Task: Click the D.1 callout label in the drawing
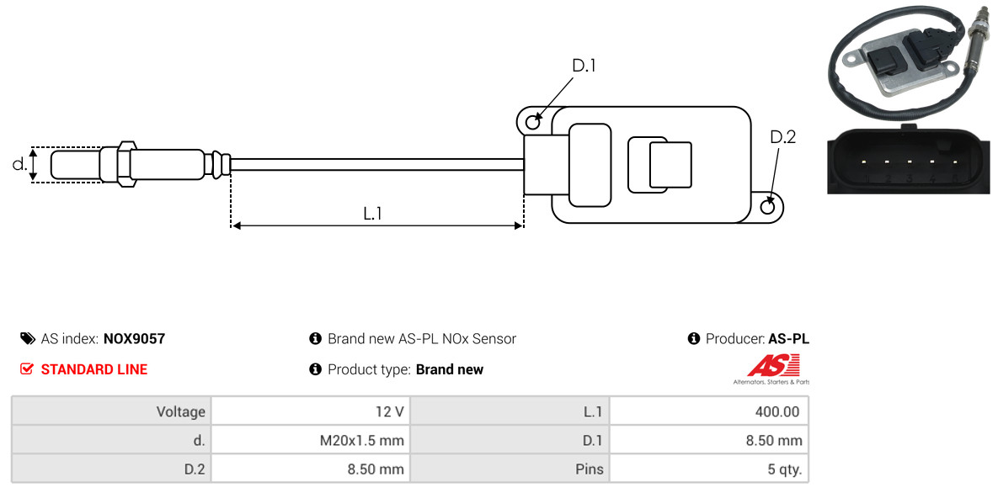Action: point(584,66)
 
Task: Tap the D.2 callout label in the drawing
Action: point(782,137)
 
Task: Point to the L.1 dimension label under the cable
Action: point(373,214)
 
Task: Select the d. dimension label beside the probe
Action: point(19,165)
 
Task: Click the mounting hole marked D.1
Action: point(532,123)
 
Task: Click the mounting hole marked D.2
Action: point(768,207)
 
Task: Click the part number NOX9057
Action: point(134,339)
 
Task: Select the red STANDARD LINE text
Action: point(94,369)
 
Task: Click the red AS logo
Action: point(772,366)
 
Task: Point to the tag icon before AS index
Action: point(27,339)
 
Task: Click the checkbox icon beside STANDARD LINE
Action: point(27,369)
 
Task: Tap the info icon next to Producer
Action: point(694,339)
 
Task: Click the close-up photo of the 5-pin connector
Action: point(907,160)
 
